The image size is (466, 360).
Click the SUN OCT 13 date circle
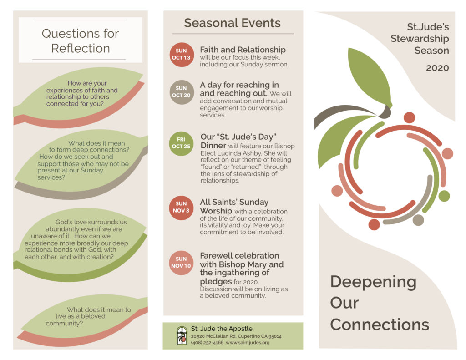182,55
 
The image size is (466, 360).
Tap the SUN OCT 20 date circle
182,92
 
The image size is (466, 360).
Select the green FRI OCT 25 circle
181,143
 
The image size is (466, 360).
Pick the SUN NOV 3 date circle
181,208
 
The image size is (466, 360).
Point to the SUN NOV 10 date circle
181,263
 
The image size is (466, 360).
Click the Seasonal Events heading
232,23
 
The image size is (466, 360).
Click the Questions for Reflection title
80,41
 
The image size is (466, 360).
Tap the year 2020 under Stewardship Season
437,68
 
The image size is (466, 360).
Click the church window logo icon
182,335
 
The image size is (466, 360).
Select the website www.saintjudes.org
248,342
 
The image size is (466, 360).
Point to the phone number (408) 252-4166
207,342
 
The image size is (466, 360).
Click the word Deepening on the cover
373,282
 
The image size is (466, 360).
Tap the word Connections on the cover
380,325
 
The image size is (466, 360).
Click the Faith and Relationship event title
243,50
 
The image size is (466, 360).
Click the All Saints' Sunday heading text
234,202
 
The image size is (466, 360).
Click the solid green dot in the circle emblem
444,196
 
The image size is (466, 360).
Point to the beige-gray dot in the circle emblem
418,220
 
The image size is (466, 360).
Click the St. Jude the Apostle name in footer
222,329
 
